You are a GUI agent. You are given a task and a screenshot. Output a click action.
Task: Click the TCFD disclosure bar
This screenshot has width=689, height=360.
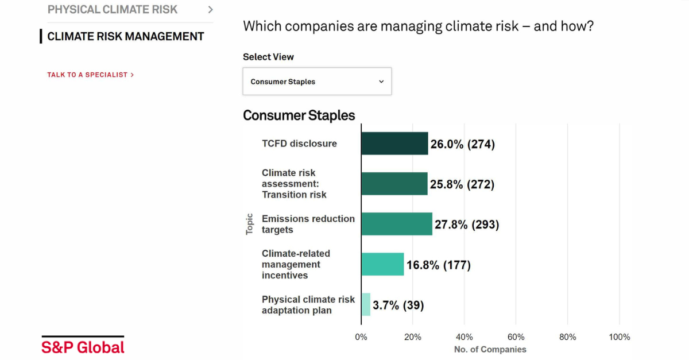[x=394, y=144]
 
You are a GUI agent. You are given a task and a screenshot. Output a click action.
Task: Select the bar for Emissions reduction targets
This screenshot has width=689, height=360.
[x=397, y=224]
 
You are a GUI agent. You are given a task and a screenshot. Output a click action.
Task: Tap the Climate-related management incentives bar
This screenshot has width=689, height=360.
[x=382, y=264]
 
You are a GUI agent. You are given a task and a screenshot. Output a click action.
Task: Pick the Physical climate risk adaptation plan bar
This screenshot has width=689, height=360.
[x=366, y=304]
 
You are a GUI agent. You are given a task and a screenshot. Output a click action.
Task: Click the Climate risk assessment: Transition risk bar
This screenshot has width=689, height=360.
[x=394, y=184]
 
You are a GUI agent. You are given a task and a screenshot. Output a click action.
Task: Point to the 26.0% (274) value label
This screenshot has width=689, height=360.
[x=463, y=144]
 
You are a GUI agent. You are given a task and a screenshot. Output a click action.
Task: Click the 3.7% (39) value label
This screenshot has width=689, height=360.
[x=398, y=305]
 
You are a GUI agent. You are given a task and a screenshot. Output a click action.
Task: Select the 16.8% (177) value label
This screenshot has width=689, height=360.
[x=439, y=265]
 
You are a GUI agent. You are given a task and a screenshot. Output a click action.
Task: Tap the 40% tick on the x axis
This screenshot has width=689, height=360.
[x=464, y=337]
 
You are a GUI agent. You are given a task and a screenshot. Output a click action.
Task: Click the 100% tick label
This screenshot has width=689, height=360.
[x=619, y=337]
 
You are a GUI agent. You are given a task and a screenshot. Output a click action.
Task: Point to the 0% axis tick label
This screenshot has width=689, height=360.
[x=361, y=337]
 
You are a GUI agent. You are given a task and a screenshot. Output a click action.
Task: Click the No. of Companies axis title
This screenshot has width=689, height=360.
[x=490, y=350]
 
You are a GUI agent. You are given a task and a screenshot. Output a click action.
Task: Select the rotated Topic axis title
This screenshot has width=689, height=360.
[x=249, y=224]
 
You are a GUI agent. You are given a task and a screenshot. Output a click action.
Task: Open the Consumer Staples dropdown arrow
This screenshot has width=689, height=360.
[x=381, y=82]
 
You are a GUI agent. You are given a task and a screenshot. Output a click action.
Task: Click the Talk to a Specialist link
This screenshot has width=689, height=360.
[x=91, y=75]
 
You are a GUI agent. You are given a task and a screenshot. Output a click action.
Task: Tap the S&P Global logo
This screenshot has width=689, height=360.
[x=83, y=345]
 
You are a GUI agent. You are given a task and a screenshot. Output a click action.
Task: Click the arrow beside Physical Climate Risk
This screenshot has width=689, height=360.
[x=210, y=10]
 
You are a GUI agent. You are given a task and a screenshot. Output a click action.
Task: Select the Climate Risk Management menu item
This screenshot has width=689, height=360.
[x=126, y=36]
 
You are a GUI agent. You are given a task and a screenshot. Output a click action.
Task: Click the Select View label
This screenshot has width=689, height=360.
[x=268, y=57]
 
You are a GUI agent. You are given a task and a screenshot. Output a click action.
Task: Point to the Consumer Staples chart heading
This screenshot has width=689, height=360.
[x=299, y=115]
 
